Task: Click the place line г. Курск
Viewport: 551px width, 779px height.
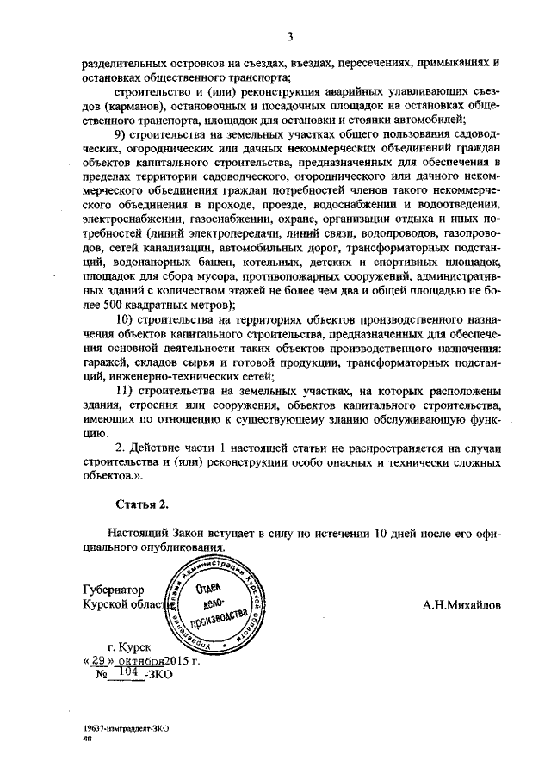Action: coord(128,646)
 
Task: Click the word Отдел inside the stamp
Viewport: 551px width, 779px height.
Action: coord(210,588)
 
